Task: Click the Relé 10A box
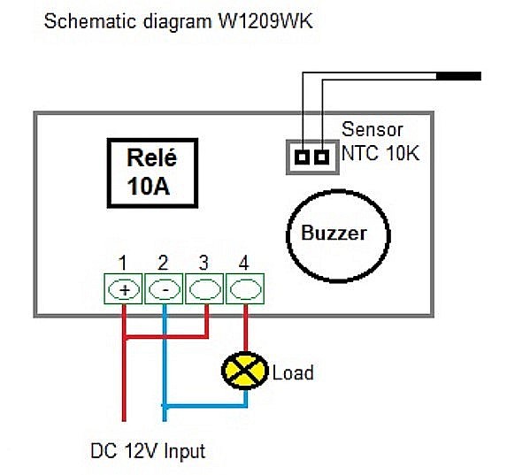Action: coord(152,172)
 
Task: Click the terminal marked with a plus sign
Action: coord(123,289)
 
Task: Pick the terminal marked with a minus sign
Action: coord(164,289)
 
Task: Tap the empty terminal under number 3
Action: coord(204,289)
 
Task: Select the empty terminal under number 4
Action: coord(245,289)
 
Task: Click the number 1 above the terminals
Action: coord(123,263)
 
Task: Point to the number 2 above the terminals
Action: coord(163,263)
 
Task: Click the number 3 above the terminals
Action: coord(204,263)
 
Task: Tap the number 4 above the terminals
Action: coord(244,263)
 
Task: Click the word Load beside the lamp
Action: coord(293,372)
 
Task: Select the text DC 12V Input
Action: coord(148,451)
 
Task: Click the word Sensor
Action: coord(371,129)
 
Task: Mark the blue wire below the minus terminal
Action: coord(164,354)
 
